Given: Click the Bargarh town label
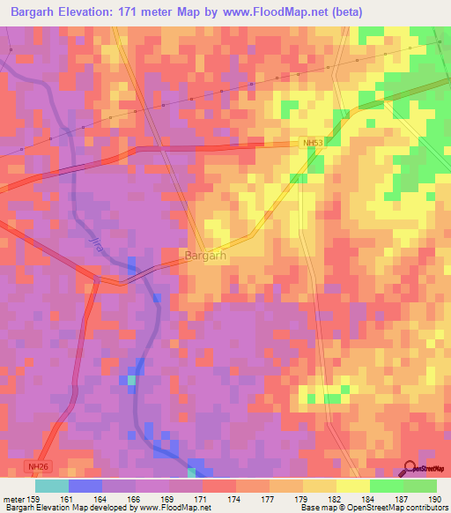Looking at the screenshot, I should tap(206, 256).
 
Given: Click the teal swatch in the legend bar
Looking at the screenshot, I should tap(52, 486).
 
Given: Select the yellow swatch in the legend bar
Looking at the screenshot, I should tap(352, 486).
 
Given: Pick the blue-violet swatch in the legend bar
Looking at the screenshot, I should tap(85, 486).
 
